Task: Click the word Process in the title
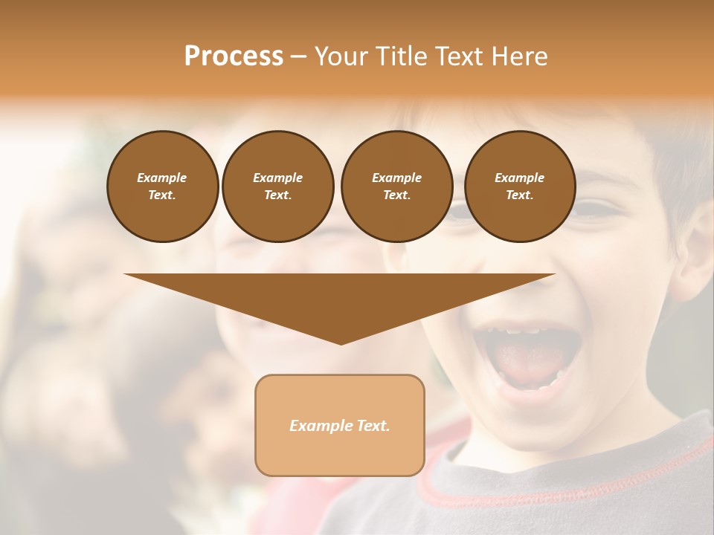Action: (x=234, y=56)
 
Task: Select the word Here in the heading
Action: (x=518, y=56)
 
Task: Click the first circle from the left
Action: (x=162, y=186)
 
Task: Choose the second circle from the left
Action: (x=277, y=186)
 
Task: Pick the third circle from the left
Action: (x=396, y=186)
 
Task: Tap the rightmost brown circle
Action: (x=519, y=186)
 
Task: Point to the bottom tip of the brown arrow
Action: (x=341, y=342)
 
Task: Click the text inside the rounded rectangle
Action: (x=340, y=426)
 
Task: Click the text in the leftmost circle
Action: (x=162, y=186)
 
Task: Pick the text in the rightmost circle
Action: (x=519, y=186)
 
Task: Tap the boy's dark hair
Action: (x=654, y=141)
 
